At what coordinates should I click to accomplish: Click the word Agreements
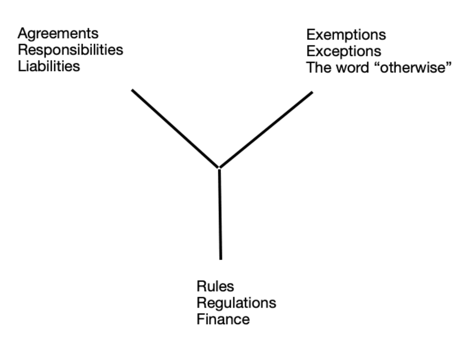click(58, 34)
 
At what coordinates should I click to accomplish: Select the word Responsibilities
click(70, 50)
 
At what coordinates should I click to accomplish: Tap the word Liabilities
click(49, 66)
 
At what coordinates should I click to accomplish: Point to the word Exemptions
click(346, 35)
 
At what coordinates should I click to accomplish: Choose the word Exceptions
click(344, 51)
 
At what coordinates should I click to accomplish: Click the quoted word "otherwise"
click(412, 68)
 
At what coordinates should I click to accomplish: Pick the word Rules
click(215, 286)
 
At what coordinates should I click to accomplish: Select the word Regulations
click(236, 303)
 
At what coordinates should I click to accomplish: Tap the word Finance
click(223, 319)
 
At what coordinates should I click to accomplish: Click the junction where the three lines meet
click(219, 168)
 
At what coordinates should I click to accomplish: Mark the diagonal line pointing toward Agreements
click(175, 129)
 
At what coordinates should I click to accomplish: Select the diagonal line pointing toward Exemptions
click(266, 130)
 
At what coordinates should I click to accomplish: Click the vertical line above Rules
click(220, 214)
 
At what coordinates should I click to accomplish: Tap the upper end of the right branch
click(312, 92)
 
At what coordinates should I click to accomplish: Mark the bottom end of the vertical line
click(220, 258)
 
